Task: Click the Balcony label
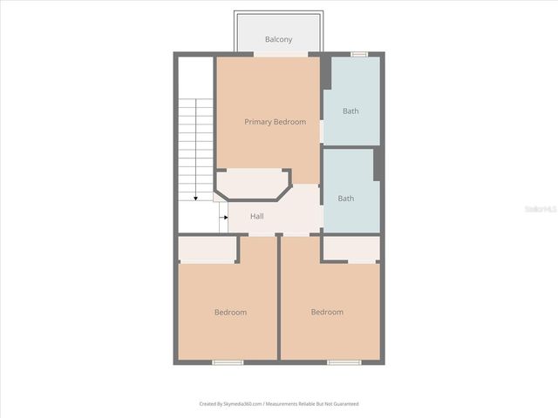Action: coord(278,40)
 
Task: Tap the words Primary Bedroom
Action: coord(275,122)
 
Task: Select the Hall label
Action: coord(257,216)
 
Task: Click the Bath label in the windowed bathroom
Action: coord(350,111)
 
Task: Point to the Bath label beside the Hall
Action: coord(346,199)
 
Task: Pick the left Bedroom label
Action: coord(230,313)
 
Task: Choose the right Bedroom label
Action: coord(327,312)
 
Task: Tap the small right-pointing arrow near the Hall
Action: coord(223,217)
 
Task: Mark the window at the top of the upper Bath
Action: coord(358,54)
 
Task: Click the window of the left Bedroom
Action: coord(228,361)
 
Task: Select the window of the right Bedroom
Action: coord(343,361)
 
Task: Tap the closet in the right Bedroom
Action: coord(350,248)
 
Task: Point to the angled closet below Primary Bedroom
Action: coord(253,184)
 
